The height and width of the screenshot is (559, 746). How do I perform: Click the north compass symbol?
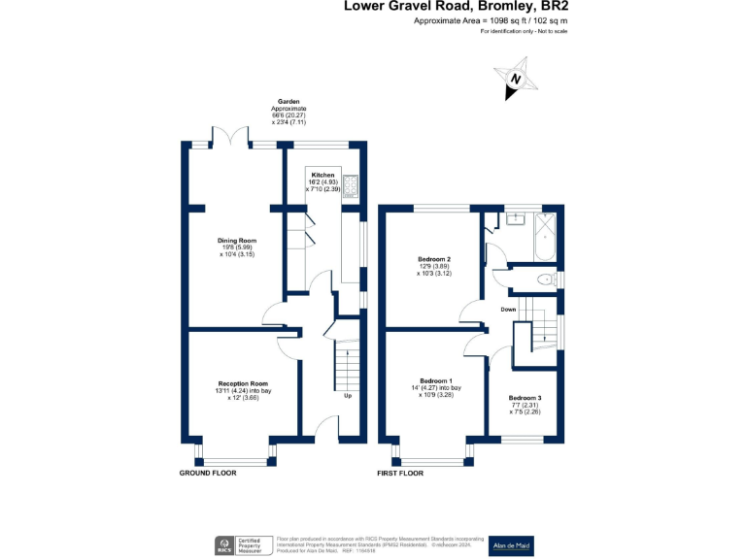pos(515,82)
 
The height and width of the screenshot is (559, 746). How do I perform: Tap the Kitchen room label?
pos(322,177)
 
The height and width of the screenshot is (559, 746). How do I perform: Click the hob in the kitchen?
pos(351,184)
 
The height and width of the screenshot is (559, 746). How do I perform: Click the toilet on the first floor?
pos(545,279)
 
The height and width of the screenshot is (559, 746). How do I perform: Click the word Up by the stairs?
pos(347,396)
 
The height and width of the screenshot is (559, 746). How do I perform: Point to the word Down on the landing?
pos(508,310)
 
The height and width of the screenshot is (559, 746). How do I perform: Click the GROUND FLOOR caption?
pos(208,474)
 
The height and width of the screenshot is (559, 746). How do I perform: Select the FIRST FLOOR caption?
pos(399,474)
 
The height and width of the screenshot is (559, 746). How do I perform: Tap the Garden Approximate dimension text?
pos(288,113)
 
